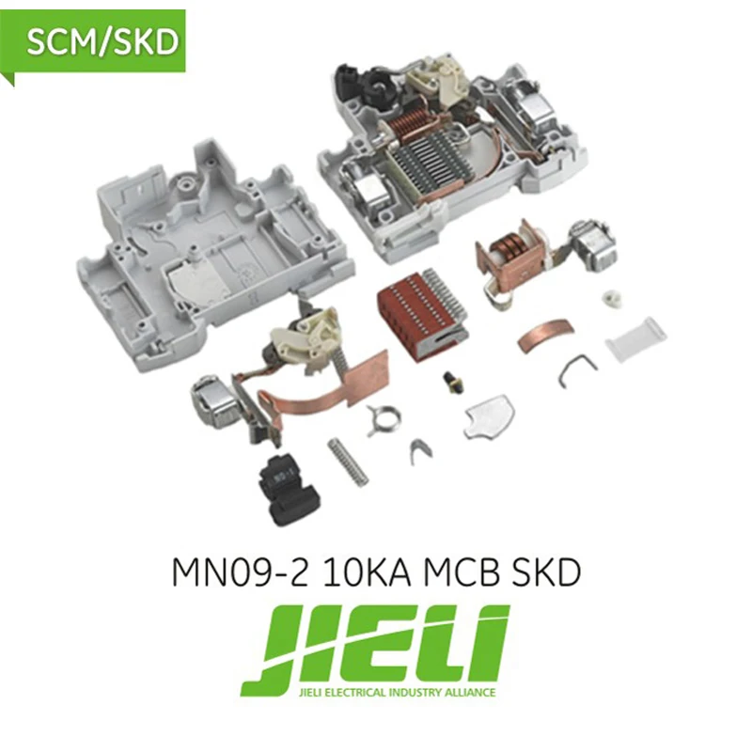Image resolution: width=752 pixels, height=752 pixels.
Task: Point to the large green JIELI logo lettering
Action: [x=375, y=649]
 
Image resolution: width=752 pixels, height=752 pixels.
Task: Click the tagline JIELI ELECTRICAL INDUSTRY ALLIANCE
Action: [x=375, y=694]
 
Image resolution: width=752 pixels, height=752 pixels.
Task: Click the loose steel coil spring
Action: [x=347, y=462]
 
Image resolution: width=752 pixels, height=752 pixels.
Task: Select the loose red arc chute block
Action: [x=415, y=309]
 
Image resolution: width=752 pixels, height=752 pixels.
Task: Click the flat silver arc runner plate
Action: [x=490, y=415]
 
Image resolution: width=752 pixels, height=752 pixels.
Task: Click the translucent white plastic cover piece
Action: [x=635, y=338]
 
